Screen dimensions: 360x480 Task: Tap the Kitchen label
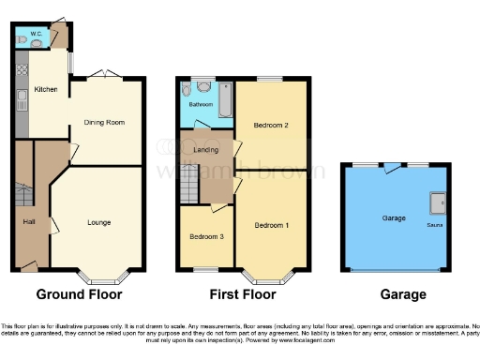pyautogui.click(x=45, y=90)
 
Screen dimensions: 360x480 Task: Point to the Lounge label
pyautogui.click(x=99, y=222)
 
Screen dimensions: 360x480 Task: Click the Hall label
pyautogui.click(x=29, y=221)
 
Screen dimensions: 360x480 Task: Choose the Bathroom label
pyautogui.click(x=202, y=105)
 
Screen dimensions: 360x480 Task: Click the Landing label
pyautogui.click(x=206, y=150)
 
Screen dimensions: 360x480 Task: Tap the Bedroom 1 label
pyautogui.click(x=272, y=225)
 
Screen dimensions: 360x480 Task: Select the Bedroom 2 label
pyautogui.click(x=271, y=125)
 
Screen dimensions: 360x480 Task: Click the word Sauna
pyautogui.click(x=435, y=226)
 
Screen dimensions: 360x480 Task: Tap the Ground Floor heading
pyautogui.click(x=80, y=294)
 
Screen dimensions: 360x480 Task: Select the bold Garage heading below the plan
pyautogui.click(x=403, y=294)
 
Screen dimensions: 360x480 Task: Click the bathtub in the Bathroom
pyautogui.click(x=224, y=100)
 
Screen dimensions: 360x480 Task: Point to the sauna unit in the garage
pyautogui.click(x=436, y=204)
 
